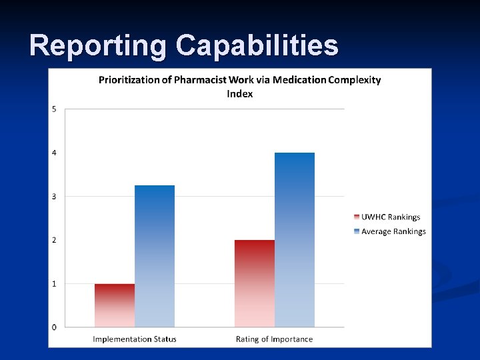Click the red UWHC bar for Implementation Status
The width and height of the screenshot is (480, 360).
(x=114, y=305)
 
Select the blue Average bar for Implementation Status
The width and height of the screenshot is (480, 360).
(x=155, y=257)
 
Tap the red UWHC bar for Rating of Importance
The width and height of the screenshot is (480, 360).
(x=254, y=283)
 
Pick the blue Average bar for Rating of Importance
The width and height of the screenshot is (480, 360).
(x=295, y=240)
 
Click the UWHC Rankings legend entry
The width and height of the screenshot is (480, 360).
(x=390, y=217)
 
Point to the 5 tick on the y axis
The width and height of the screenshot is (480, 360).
(x=55, y=109)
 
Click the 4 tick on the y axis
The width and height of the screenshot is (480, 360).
(x=55, y=153)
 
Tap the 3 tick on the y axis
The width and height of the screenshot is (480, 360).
(x=55, y=196)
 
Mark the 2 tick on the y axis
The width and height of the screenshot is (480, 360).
(x=55, y=240)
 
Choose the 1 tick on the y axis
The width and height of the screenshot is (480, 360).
(x=55, y=283)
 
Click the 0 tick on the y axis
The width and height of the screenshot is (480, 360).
(x=55, y=327)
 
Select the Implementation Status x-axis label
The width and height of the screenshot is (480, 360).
(x=135, y=339)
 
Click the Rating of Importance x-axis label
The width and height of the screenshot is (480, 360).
(x=274, y=339)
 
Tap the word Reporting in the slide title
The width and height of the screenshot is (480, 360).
(x=98, y=45)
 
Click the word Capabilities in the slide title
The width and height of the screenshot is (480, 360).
(x=257, y=45)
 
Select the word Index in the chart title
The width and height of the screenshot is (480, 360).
(x=240, y=93)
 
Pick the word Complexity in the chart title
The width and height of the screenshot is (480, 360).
(x=354, y=80)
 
